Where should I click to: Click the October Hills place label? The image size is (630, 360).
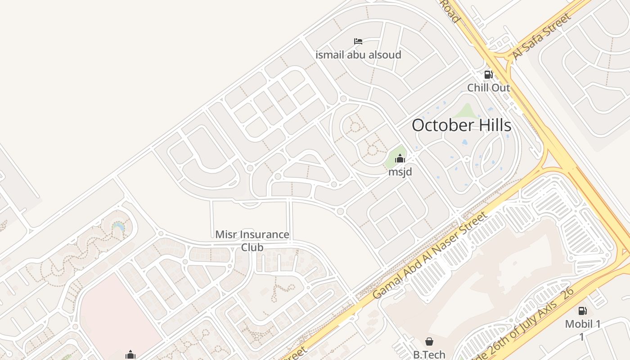461,125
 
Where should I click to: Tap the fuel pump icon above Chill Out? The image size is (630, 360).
488,75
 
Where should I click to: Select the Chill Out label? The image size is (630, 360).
488,87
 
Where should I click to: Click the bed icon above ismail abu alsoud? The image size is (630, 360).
358,42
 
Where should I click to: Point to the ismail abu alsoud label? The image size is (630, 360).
358,55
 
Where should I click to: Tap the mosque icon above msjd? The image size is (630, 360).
400,158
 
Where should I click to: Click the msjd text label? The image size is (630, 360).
400,171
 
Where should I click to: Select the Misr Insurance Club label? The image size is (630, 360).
252,241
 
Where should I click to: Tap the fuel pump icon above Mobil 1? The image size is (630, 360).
582,310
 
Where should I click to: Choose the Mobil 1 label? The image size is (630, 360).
583,324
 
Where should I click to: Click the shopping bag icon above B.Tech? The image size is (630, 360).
429,342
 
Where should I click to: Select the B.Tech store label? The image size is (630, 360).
429,355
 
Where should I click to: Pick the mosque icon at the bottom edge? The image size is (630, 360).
130,355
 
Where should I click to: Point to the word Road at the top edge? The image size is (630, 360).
450,11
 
